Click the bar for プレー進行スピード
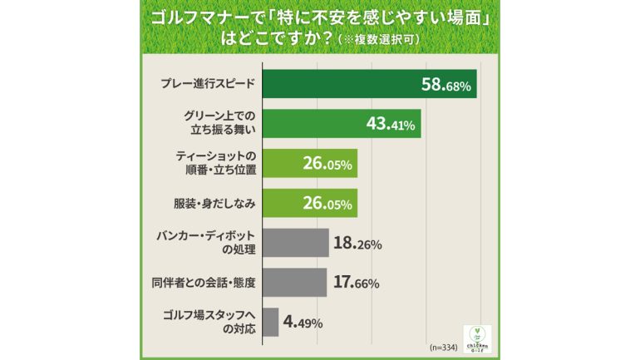[369, 84]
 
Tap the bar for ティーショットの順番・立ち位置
[309, 164]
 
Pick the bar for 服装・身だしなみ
[309, 203]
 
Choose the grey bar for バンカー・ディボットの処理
[295, 243]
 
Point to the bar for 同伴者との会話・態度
[294, 282]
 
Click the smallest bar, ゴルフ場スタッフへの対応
[269, 322]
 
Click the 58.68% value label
[446, 85]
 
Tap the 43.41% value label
[391, 125]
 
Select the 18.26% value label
[358, 244]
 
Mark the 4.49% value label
[304, 323]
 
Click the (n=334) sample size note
[445, 345]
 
